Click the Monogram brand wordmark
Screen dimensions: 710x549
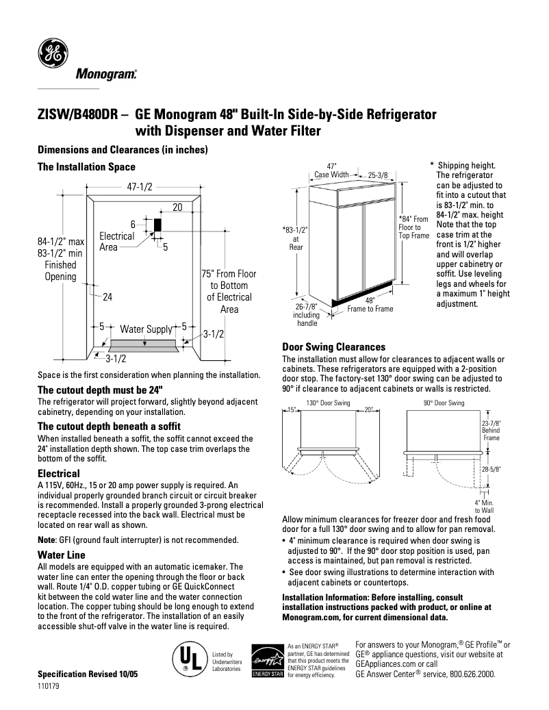pos(105,73)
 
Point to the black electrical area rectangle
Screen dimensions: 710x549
pos(157,225)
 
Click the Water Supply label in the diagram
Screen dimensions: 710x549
pos(146,329)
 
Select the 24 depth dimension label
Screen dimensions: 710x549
pos(107,297)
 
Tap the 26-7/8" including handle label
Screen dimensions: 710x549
pos(306,316)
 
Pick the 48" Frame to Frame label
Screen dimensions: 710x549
pos(370,305)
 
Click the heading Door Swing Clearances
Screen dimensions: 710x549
pos(333,347)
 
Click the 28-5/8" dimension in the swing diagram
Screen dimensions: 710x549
pos(491,470)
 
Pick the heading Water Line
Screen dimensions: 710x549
pos(62,555)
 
